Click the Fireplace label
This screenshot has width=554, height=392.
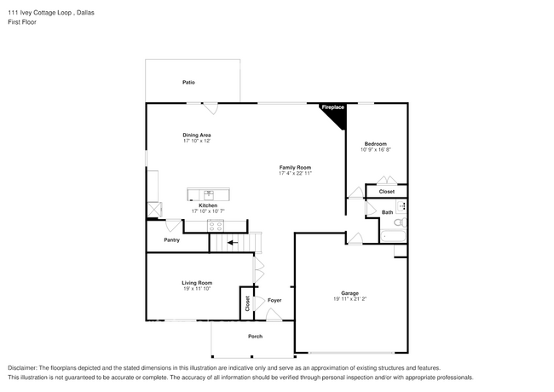pos(332,107)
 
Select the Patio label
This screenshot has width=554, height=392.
pos(188,83)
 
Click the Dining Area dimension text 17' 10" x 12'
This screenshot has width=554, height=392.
pos(197,141)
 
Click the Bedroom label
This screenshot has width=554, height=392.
pos(376,143)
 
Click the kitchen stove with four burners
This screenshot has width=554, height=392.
pos(215,225)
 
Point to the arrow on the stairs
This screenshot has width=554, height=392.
pos(233,243)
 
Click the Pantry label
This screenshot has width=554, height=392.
pos(172,241)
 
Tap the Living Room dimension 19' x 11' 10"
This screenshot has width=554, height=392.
pos(196,289)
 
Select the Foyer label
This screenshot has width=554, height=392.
pos(274,300)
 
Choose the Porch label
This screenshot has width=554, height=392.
pos(255,337)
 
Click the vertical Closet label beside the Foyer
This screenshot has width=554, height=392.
pos(248,302)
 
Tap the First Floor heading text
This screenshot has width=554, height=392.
pos(23,22)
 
